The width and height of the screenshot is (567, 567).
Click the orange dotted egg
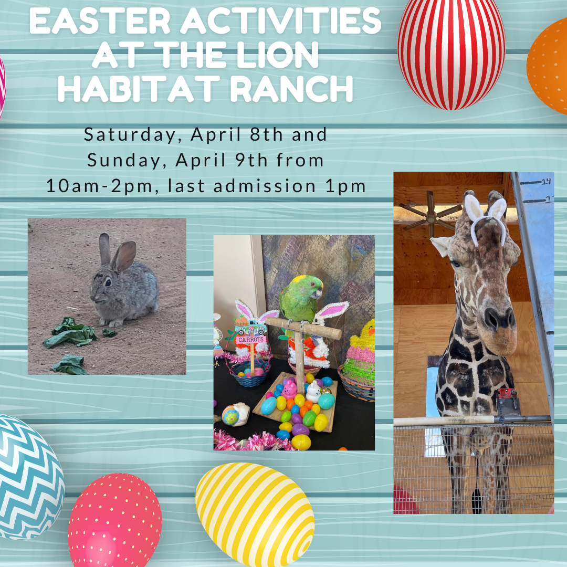[x=549, y=66]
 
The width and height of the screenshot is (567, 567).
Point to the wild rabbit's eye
[x=107, y=282]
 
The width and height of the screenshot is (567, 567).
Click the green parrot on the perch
[x=300, y=299]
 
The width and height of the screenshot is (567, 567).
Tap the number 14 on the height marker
[x=546, y=182]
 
